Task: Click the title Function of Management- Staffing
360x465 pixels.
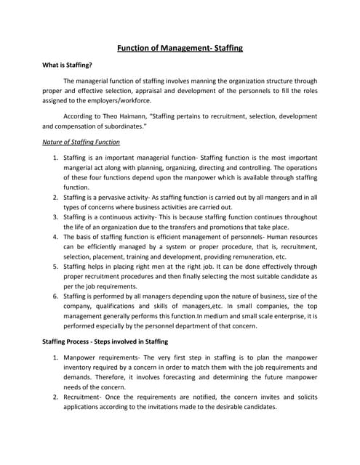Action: point(180,48)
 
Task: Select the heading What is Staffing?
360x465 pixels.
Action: point(71,65)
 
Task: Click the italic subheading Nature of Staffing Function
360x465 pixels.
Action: point(81,142)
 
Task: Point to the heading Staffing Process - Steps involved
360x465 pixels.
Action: point(106,341)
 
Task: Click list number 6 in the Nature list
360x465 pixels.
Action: point(56,296)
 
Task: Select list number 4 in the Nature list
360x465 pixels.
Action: point(56,236)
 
